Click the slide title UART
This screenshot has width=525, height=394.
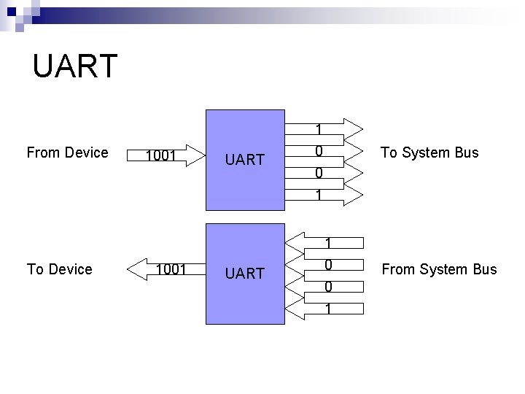(74, 66)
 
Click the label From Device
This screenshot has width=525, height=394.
(67, 152)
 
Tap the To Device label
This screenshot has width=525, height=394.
(59, 269)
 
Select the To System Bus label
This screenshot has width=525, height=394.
(429, 152)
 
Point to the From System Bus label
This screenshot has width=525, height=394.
(439, 269)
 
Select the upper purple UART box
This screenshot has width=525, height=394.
(245, 159)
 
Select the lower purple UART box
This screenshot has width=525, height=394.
(245, 274)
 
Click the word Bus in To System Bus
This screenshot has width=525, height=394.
(466, 152)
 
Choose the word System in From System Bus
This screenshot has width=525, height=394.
(444, 269)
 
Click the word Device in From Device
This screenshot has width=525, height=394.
(86, 152)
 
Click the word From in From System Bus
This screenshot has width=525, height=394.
(398, 269)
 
